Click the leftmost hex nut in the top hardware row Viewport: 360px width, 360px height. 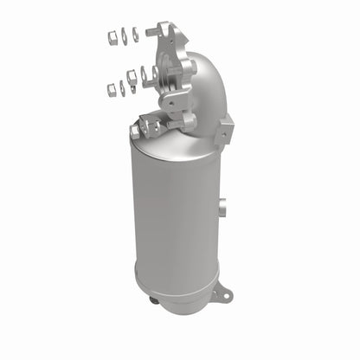(x=111, y=36)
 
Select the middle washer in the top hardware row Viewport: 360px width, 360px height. (x=124, y=35)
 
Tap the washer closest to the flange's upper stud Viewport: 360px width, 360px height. (x=135, y=35)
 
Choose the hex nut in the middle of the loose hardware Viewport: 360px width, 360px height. (x=132, y=77)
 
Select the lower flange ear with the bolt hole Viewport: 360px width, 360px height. (x=175, y=101)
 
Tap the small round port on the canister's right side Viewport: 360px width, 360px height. (x=222, y=208)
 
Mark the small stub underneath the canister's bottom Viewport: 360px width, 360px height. (x=154, y=301)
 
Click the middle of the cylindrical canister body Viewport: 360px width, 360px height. (x=173, y=216)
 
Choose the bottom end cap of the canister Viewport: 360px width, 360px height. (x=173, y=290)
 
